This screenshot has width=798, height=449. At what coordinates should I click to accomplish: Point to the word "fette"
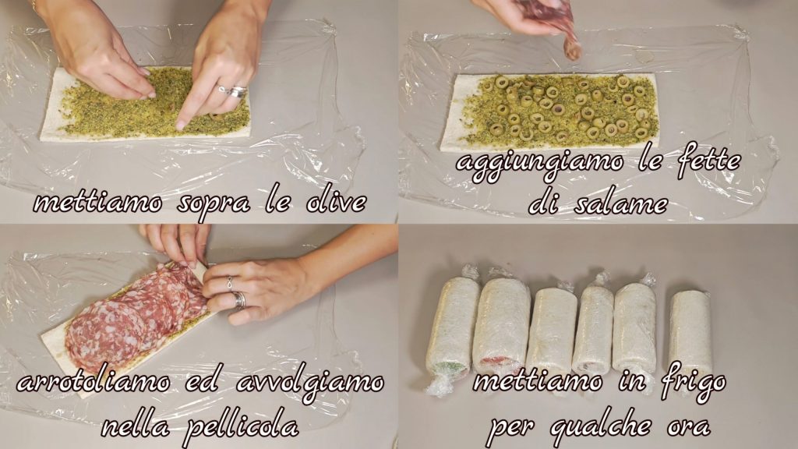[708, 160]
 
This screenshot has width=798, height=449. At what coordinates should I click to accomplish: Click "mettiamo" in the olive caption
[97, 203]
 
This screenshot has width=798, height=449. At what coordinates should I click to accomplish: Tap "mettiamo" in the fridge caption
[538, 381]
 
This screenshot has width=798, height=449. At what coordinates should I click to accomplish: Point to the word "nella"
[136, 426]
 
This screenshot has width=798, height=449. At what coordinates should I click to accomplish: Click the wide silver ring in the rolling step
[239, 300]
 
